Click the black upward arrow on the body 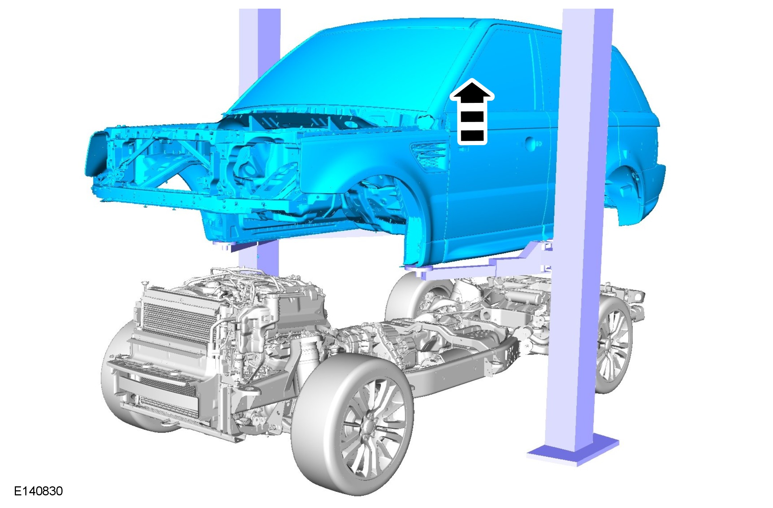pos(472,112)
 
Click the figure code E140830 pos(38,491)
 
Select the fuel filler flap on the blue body pos(531,144)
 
